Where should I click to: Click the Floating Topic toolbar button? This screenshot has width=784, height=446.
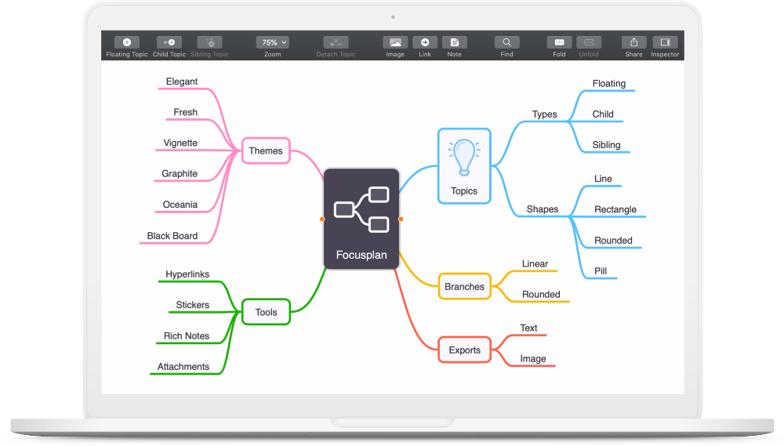click(127, 42)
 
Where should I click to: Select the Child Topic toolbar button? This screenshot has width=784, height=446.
click(169, 42)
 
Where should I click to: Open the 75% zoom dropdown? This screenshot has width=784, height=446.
click(273, 42)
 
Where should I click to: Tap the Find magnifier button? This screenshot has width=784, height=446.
click(506, 42)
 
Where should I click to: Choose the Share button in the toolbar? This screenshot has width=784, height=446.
click(633, 42)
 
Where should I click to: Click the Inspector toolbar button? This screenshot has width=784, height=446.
click(665, 42)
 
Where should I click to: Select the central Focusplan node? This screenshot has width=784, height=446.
click(361, 219)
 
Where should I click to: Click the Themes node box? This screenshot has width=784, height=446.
click(266, 150)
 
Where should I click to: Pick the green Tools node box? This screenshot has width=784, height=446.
click(266, 312)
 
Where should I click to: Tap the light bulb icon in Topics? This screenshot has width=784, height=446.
click(464, 158)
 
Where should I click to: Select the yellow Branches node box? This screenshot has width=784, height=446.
click(464, 287)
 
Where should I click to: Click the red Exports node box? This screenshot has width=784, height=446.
click(464, 350)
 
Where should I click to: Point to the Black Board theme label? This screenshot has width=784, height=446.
click(172, 235)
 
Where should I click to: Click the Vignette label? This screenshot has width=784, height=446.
click(180, 143)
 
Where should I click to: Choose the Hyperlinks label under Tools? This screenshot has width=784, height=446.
click(187, 274)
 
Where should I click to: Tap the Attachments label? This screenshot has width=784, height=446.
click(183, 367)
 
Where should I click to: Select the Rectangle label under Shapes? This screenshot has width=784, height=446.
click(615, 209)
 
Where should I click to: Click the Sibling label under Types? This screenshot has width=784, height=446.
click(607, 145)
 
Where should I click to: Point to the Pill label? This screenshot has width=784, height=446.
click(601, 271)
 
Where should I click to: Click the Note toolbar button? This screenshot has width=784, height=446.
click(455, 42)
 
